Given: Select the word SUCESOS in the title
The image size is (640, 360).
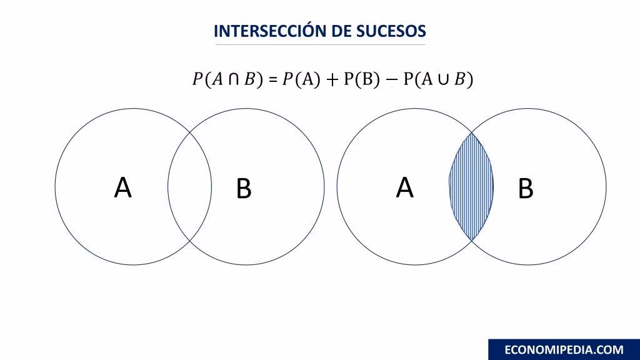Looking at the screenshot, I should pyautogui.click(x=391, y=31).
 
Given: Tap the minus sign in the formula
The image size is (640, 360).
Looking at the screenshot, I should pyautogui.click(x=392, y=80).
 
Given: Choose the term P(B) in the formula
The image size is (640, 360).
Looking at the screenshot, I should pyautogui.click(x=362, y=80).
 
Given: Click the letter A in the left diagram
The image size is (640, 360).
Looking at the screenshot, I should pyautogui.click(x=123, y=187).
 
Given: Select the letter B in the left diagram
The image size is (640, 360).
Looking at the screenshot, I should pyautogui.click(x=244, y=189).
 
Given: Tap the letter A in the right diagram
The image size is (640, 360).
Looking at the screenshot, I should pyautogui.click(x=405, y=187).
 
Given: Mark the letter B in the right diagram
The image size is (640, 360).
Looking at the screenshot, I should pyautogui.click(x=526, y=189).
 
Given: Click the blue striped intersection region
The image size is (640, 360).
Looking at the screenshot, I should pyautogui.click(x=471, y=186).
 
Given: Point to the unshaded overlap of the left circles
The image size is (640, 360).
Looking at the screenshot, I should pyautogui.click(x=189, y=186).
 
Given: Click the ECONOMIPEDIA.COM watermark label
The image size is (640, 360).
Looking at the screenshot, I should pyautogui.click(x=564, y=349).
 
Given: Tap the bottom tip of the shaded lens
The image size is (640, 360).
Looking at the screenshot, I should pyautogui.click(x=471, y=240).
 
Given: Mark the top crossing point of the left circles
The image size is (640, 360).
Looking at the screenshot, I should pyautogui.click(x=189, y=133).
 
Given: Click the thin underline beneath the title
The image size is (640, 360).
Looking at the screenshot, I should pyautogui.click(x=320, y=45).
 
